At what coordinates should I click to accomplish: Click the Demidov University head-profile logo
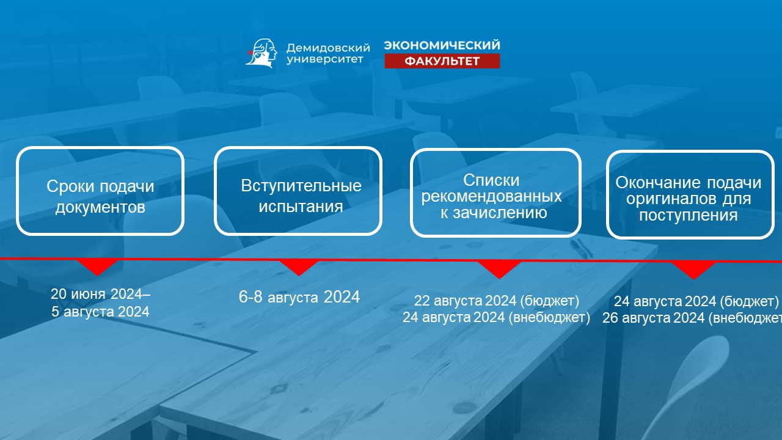tap(261, 53)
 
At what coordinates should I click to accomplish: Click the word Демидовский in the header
tap(328, 48)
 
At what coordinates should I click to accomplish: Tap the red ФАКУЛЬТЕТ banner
tap(442, 61)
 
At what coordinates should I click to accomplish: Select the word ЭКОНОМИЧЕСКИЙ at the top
tap(442, 45)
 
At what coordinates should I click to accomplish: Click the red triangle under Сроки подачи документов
tap(97, 268)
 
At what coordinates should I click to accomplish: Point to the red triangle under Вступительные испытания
tap(299, 268)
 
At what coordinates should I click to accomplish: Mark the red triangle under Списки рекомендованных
tap(499, 270)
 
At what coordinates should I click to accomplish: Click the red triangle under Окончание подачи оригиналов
tap(693, 271)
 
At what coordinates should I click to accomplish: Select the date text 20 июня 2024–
tap(101, 294)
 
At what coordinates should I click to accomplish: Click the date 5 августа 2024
tap(101, 312)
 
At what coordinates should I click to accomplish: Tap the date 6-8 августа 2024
tap(299, 297)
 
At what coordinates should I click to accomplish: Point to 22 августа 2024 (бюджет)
tap(497, 301)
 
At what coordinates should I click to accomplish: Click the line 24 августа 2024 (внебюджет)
tap(497, 317)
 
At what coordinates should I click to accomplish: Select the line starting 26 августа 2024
tap(692, 318)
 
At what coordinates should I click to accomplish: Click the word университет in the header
tap(325, 59)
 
